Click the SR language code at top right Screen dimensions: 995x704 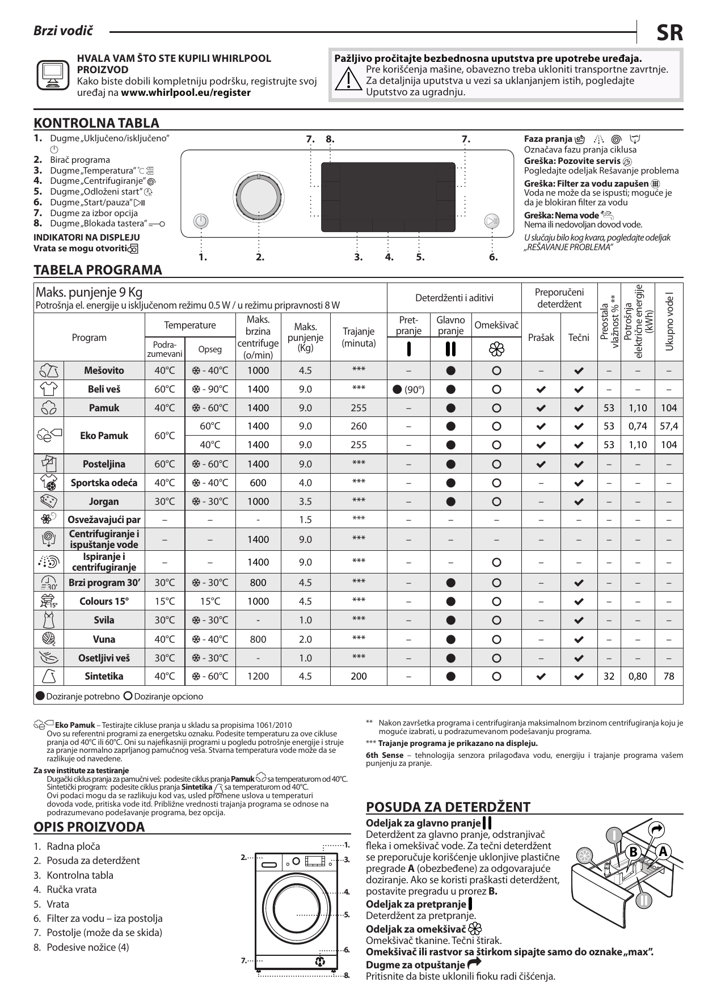(x=669, y=33)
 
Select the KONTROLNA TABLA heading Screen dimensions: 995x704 (x=96, y=123)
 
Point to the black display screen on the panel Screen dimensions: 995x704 (x=389, y=189)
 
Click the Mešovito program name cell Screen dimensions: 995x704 (x=104, y=371)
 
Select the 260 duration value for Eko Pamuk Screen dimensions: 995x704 (x=359, y=427)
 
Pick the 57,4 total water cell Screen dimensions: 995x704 (x=669, y=427)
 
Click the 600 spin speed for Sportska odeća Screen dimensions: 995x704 (x=258, y=483)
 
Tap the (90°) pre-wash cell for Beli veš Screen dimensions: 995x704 (x=408, y=390)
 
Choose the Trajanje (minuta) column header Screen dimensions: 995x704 (x=359, y=338)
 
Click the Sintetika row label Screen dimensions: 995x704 (x=104, y=676)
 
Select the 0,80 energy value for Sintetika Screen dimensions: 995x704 (x=638, y=676)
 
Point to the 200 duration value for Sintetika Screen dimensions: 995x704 (x=359, y=676)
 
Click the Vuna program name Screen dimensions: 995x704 (x=104, y=639)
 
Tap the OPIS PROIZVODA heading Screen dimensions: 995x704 (x=90, y=827)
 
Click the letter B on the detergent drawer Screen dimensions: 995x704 (x=633, y=853)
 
